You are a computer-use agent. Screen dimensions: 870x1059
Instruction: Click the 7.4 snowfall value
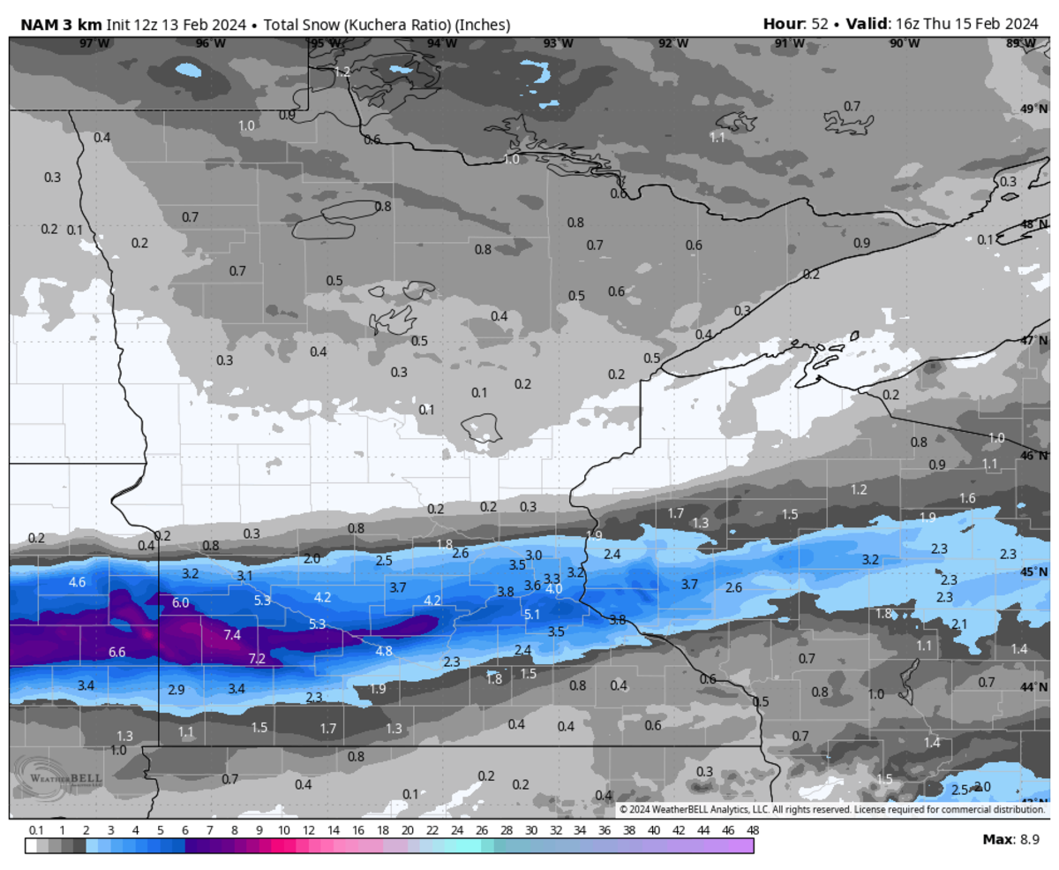coord(233,635)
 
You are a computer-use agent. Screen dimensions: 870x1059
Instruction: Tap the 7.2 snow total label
coord(257,659)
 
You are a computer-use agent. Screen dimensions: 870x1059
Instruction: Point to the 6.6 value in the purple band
coord(117,652)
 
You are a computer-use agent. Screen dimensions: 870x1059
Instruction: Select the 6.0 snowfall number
coord(180,602)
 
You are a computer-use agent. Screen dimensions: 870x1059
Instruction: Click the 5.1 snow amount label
coord(532,614)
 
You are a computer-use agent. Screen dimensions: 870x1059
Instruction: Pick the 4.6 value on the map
coord(77,582)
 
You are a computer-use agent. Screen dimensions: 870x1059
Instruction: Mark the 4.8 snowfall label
coord(384,651)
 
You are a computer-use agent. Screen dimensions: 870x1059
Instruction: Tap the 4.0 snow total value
coord(553,589)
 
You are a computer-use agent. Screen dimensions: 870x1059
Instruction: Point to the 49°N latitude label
coord(1029,109)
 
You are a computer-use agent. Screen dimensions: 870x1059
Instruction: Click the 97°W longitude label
coord(89,42)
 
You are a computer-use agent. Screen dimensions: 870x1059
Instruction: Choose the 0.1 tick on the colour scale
coord(36,831)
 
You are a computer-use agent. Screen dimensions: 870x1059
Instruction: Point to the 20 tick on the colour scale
coord(407,831)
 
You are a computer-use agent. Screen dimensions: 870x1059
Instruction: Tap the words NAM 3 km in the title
coord(62,25)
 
